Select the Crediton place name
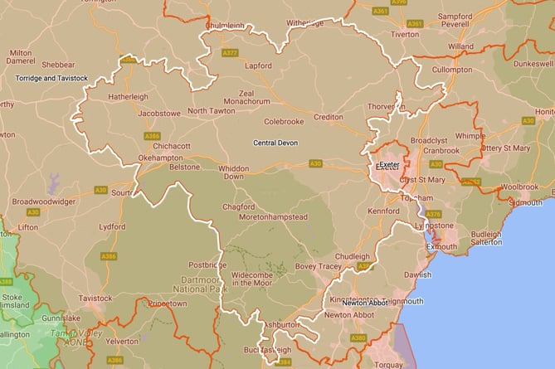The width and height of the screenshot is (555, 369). (x=328, y=118)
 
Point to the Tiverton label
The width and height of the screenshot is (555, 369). (x=405, y=35)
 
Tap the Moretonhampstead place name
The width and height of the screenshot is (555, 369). (x=273, y=217)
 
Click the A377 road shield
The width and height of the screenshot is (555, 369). (x=230, y=53)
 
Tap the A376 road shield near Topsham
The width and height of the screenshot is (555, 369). (x=433, y=214)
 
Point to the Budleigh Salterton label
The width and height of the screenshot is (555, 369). (x=487, y=238)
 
